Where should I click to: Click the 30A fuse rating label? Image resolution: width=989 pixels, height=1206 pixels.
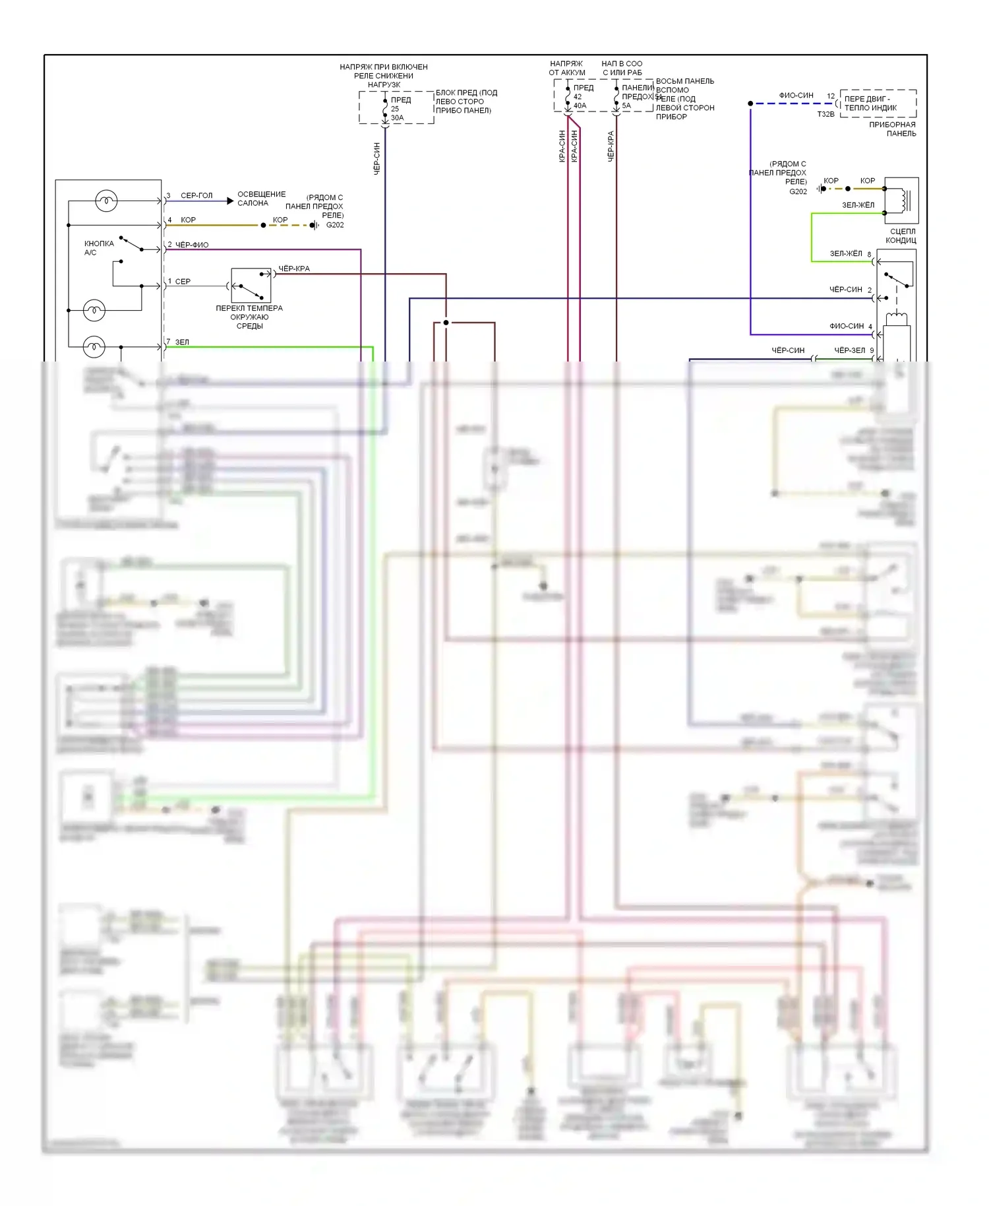pos(397,118)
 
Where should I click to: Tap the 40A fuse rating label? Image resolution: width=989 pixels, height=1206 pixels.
pos(580,106)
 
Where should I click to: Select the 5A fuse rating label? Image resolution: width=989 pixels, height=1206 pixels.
pos(626,106)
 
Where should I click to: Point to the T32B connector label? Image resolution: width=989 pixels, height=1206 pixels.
pos(825,114)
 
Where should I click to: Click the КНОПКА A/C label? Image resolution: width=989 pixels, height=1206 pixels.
pos(99,248)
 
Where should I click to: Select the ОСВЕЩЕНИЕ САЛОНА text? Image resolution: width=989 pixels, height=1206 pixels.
pos(261,199)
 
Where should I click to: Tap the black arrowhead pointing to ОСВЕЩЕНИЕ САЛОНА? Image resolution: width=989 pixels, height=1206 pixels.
pos(230,201)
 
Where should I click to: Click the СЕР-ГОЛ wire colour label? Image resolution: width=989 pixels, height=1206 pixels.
pos(196,196)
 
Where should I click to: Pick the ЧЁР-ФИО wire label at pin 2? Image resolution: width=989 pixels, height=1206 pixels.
pos(192,245)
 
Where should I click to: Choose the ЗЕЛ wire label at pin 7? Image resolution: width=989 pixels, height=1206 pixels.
pos(182,342)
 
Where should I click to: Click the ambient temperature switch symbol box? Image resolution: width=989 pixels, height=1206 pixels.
pos(251,286)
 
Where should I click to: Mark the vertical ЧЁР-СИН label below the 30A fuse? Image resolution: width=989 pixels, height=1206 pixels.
pos(377,158)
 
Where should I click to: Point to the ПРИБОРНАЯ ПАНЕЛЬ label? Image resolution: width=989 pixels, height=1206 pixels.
pos(893,129)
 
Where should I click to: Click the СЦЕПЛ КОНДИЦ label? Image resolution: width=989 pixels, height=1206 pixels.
pos(901,236)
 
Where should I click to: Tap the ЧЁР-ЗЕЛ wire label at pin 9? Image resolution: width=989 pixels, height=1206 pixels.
pos(849,350)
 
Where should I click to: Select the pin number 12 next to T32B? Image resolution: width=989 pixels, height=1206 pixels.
pos(831,96)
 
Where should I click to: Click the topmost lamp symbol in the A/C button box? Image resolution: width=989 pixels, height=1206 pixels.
pos(106,201)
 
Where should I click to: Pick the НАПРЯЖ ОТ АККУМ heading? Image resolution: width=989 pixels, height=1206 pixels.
pos(566,68)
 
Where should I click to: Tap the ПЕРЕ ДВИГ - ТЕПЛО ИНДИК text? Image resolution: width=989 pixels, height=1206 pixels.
pos(870,103)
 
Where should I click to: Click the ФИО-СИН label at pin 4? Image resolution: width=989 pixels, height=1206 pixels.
pos(847,326)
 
